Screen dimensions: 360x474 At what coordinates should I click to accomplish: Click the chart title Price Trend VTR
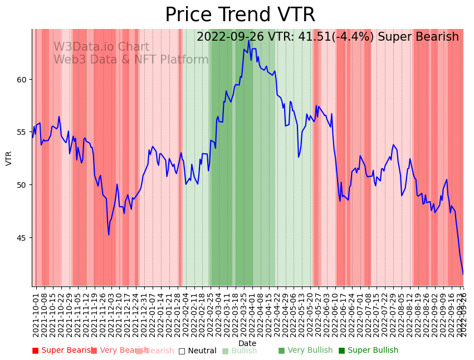pyautogui.click(x=240, y=15)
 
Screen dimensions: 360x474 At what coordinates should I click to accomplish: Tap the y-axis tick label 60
pyautogui.click(x=22, y=80)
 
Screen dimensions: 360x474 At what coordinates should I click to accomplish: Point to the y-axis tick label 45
pyautogui.click(x=22, y=238)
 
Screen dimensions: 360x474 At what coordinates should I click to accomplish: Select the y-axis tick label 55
pyautogui.click(x=22, y=132)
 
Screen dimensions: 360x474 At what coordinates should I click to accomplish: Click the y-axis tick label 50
pyautogui.click(x=22, y=185)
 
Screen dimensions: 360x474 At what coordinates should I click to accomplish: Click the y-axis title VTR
pyautogui.click(x=9, y=158)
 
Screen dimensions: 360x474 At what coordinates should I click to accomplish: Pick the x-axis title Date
pyautogui.click(x=247, y=343)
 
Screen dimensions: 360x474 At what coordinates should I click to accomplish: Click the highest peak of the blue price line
pyautogui.click(x=249, y=41)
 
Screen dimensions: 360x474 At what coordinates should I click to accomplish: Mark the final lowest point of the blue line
pyautogui.click(x=463, y=274)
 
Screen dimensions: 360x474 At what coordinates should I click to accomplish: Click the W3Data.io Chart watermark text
pyautogui.click(x=101, y=47)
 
